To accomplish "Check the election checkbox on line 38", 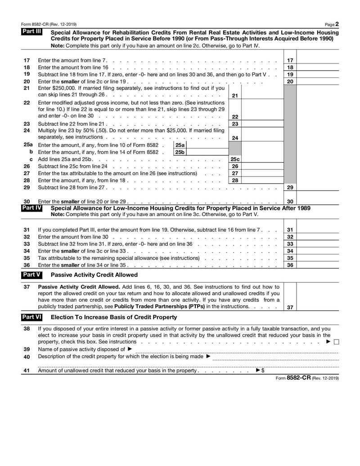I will (336, 342).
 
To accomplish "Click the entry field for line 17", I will (317, 60).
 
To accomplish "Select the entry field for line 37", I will (317, 296).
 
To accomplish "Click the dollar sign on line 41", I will (263, 371).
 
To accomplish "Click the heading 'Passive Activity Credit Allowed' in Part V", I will (94, 275).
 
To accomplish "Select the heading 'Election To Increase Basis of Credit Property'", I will (114, 317).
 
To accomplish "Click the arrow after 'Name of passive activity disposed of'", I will (130, 349).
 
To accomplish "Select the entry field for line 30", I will (317, 201).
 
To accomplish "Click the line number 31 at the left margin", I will (27, 230).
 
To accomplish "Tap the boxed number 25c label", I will (235, 159).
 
